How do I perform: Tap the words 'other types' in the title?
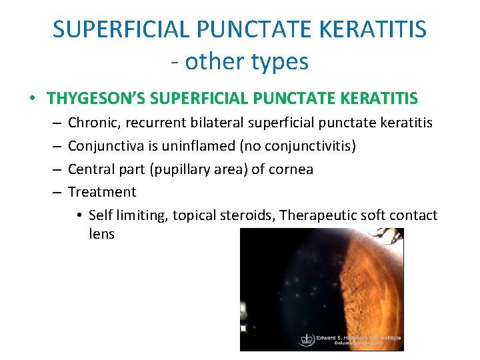(247, 61)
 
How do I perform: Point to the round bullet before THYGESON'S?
(33, 99)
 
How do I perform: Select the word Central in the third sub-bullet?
(92, 169)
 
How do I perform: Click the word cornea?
(291, 169)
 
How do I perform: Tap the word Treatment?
(102, 192)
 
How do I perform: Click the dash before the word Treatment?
(55, 192)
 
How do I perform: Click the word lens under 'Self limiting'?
(101, 234)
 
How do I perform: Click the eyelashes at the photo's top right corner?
(387, 235)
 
